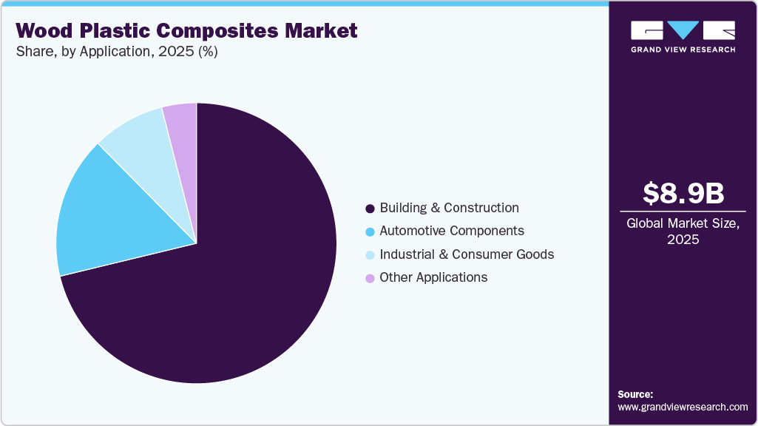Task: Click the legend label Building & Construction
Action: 449,208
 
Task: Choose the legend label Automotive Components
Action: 452,231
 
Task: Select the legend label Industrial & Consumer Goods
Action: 467,254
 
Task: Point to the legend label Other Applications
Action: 433,277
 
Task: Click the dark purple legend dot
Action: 370,209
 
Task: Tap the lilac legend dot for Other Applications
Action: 370,278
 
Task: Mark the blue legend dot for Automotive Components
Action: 370,231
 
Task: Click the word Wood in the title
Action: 45,31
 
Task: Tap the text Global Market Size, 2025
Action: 683,231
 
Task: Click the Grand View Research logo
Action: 683,37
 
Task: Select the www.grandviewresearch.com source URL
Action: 683,407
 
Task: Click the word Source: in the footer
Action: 635,394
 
